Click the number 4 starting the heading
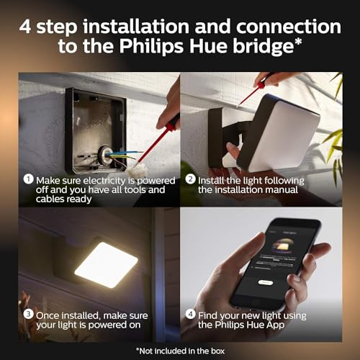click(x=27, y=27)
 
